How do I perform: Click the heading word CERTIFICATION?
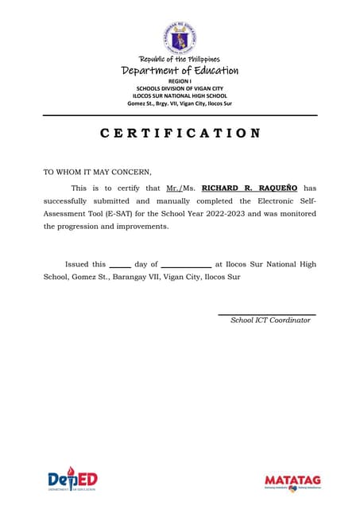click(x=180, y=133)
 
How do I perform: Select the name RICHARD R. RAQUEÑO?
click(x=250, y=188)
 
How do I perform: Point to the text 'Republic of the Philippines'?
click(x=180, y=59)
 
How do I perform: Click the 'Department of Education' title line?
click(x=180, y=71)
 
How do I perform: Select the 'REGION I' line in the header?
click(x=180, y=81)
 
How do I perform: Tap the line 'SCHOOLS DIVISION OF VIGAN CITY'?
click(x=180, y=88)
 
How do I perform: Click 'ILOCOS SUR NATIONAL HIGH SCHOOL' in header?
click(x=180, y=95)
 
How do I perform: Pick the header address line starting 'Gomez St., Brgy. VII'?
click(x=180, y=103)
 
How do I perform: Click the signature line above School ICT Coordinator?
click(x=267, y=315)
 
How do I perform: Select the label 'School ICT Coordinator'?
click(x=270, y=321)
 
